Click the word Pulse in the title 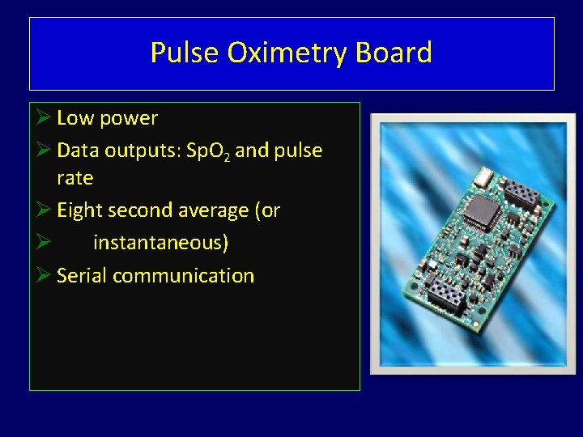[185, 53]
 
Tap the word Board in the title [399, 53]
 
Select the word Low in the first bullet [75, 118]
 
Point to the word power [128, 118]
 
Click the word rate [74, 178]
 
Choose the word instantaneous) [160, 243]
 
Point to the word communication [183, 276]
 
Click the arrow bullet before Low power [44, 118]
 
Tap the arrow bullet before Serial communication [44, 276]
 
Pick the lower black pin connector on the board [445, 297]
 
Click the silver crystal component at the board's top [484, 174]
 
